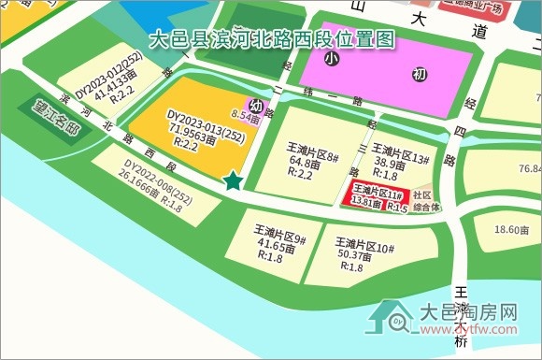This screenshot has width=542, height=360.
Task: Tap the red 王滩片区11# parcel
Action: pos(377,197)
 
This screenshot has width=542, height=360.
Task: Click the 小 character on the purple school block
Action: pos(331,59)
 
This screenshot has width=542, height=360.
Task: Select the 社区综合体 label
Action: pos(427,201)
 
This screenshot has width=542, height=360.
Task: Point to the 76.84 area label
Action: pos(529,168)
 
